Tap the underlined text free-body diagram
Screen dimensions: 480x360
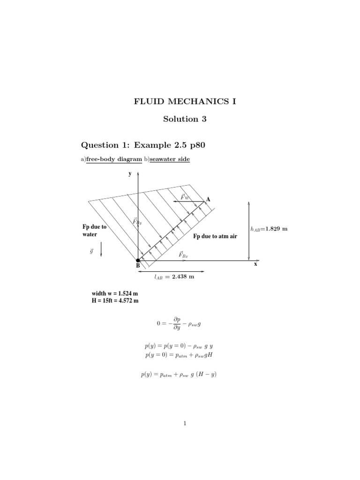pyautogui.click(x=114, y=160)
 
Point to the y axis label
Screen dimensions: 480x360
pyautogui.click(x=130, y=173)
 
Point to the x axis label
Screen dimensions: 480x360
pyautogui.click(x=256, y=264)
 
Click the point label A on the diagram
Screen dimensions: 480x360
pyautogui.click(x=208, y=199)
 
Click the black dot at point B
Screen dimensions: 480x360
pyautogui.click(x=138, y=260)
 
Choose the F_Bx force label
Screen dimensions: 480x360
pyautogui.click(x=183, y=255)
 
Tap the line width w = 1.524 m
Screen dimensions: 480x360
pyautogui.click(x=115, y=294)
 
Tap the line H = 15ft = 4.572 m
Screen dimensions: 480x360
pyautogui.click(x=115, y=301)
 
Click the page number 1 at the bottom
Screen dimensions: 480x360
pyautogui.click(x=185, y=424)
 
